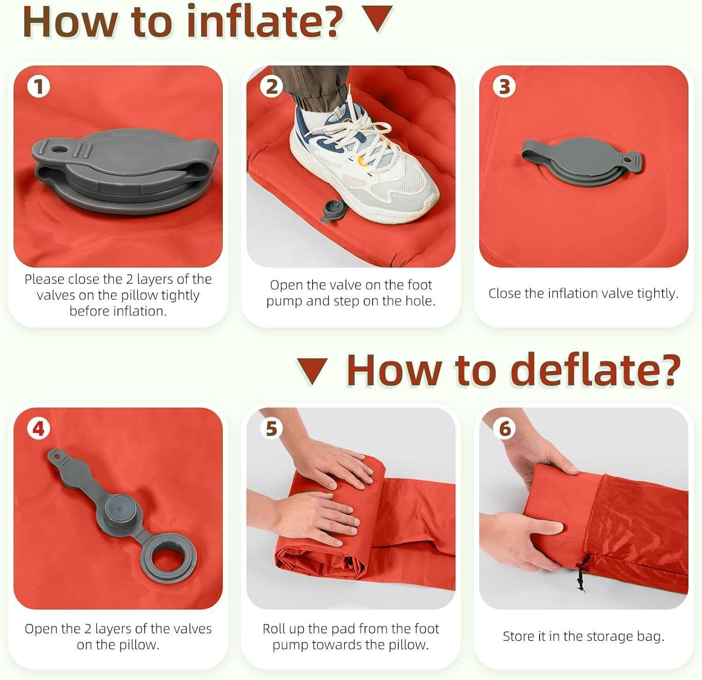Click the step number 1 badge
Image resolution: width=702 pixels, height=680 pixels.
click(38, 87)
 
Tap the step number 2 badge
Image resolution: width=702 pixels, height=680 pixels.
click(271, 87)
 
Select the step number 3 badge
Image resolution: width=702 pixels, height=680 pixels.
click(504, 87)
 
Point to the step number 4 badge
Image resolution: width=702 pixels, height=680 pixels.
click(38, 429)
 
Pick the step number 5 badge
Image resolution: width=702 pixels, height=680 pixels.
click(271, 429)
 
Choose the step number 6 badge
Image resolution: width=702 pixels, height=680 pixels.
click(504, 429)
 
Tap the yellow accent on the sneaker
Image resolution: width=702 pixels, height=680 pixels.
click(362, 161)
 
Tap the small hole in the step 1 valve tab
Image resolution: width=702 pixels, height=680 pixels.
click(58, 150)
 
